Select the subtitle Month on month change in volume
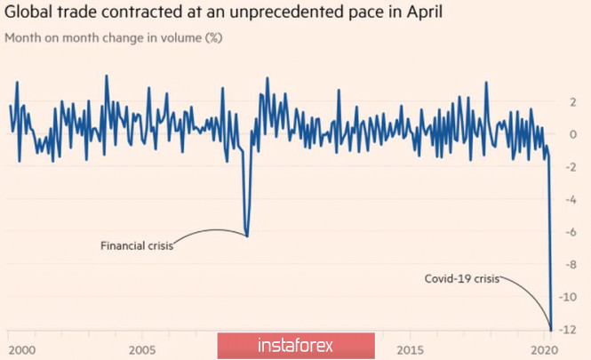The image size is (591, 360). point(104,39)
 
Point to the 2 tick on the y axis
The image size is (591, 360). point(573,102)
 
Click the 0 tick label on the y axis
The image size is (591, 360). point(573,135)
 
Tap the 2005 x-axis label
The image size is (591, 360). point(144,348)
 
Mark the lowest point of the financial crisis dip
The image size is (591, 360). point(246,236)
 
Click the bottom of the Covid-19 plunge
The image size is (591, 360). point(552,329)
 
